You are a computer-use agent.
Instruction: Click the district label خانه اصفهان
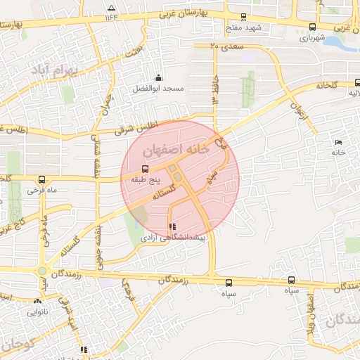[176, 150]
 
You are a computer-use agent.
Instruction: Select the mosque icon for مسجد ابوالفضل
[158, 78]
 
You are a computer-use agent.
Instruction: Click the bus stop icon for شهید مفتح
[243, 17]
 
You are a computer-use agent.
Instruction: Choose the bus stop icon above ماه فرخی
[41, 179]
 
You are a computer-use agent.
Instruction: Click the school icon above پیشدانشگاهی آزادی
[172, 226]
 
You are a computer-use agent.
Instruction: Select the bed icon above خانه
[339, 143]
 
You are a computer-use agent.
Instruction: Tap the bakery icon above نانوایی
[36, 302]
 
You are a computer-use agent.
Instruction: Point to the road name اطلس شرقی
[138, 127]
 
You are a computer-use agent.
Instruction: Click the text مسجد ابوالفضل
[158, 89]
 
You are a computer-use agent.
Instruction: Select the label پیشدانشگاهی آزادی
[173, 238]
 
